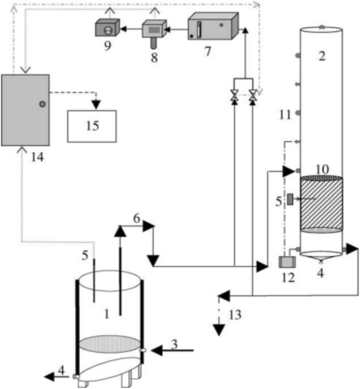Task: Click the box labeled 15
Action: [91, 126]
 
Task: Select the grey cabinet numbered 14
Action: [25, 110]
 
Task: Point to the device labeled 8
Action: [154, 33]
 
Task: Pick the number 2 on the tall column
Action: [322, 56]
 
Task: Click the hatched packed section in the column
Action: [321, 204]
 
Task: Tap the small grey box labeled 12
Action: [287, 261]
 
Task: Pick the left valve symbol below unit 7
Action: [234, 97]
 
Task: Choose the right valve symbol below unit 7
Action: [253, 97]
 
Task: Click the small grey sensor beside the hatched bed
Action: [290, 199]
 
